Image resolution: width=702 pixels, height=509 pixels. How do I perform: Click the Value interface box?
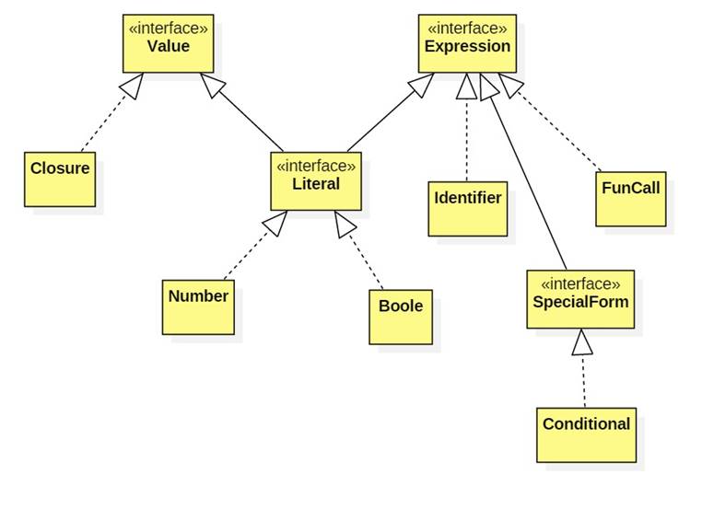tap(168, 43)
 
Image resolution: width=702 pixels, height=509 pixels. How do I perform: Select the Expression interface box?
tap(466, 43)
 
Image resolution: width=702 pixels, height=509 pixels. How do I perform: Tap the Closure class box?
tap(59, 179)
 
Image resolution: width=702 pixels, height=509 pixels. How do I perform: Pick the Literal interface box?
tap(314, 181)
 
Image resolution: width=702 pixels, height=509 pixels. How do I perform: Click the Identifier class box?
tap(468, 208)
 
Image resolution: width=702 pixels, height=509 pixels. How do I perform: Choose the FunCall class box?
tap(630, 198)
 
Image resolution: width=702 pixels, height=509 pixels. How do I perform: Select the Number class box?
tap(198, 307)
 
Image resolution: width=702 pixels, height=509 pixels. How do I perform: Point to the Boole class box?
tap(401, 317)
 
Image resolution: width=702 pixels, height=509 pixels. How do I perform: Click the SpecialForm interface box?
tap(580, 299)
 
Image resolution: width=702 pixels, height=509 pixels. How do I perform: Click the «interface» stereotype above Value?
tap(168, 29)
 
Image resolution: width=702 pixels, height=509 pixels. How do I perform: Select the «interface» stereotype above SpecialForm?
tap(580, 283)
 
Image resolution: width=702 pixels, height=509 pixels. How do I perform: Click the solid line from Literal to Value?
tap(245, 117)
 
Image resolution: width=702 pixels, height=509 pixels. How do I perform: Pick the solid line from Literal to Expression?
tap(382, 117)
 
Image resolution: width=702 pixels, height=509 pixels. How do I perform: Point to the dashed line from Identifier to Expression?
tap(467, 138)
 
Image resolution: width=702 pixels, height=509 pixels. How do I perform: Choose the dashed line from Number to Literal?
tap(249, 250)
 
